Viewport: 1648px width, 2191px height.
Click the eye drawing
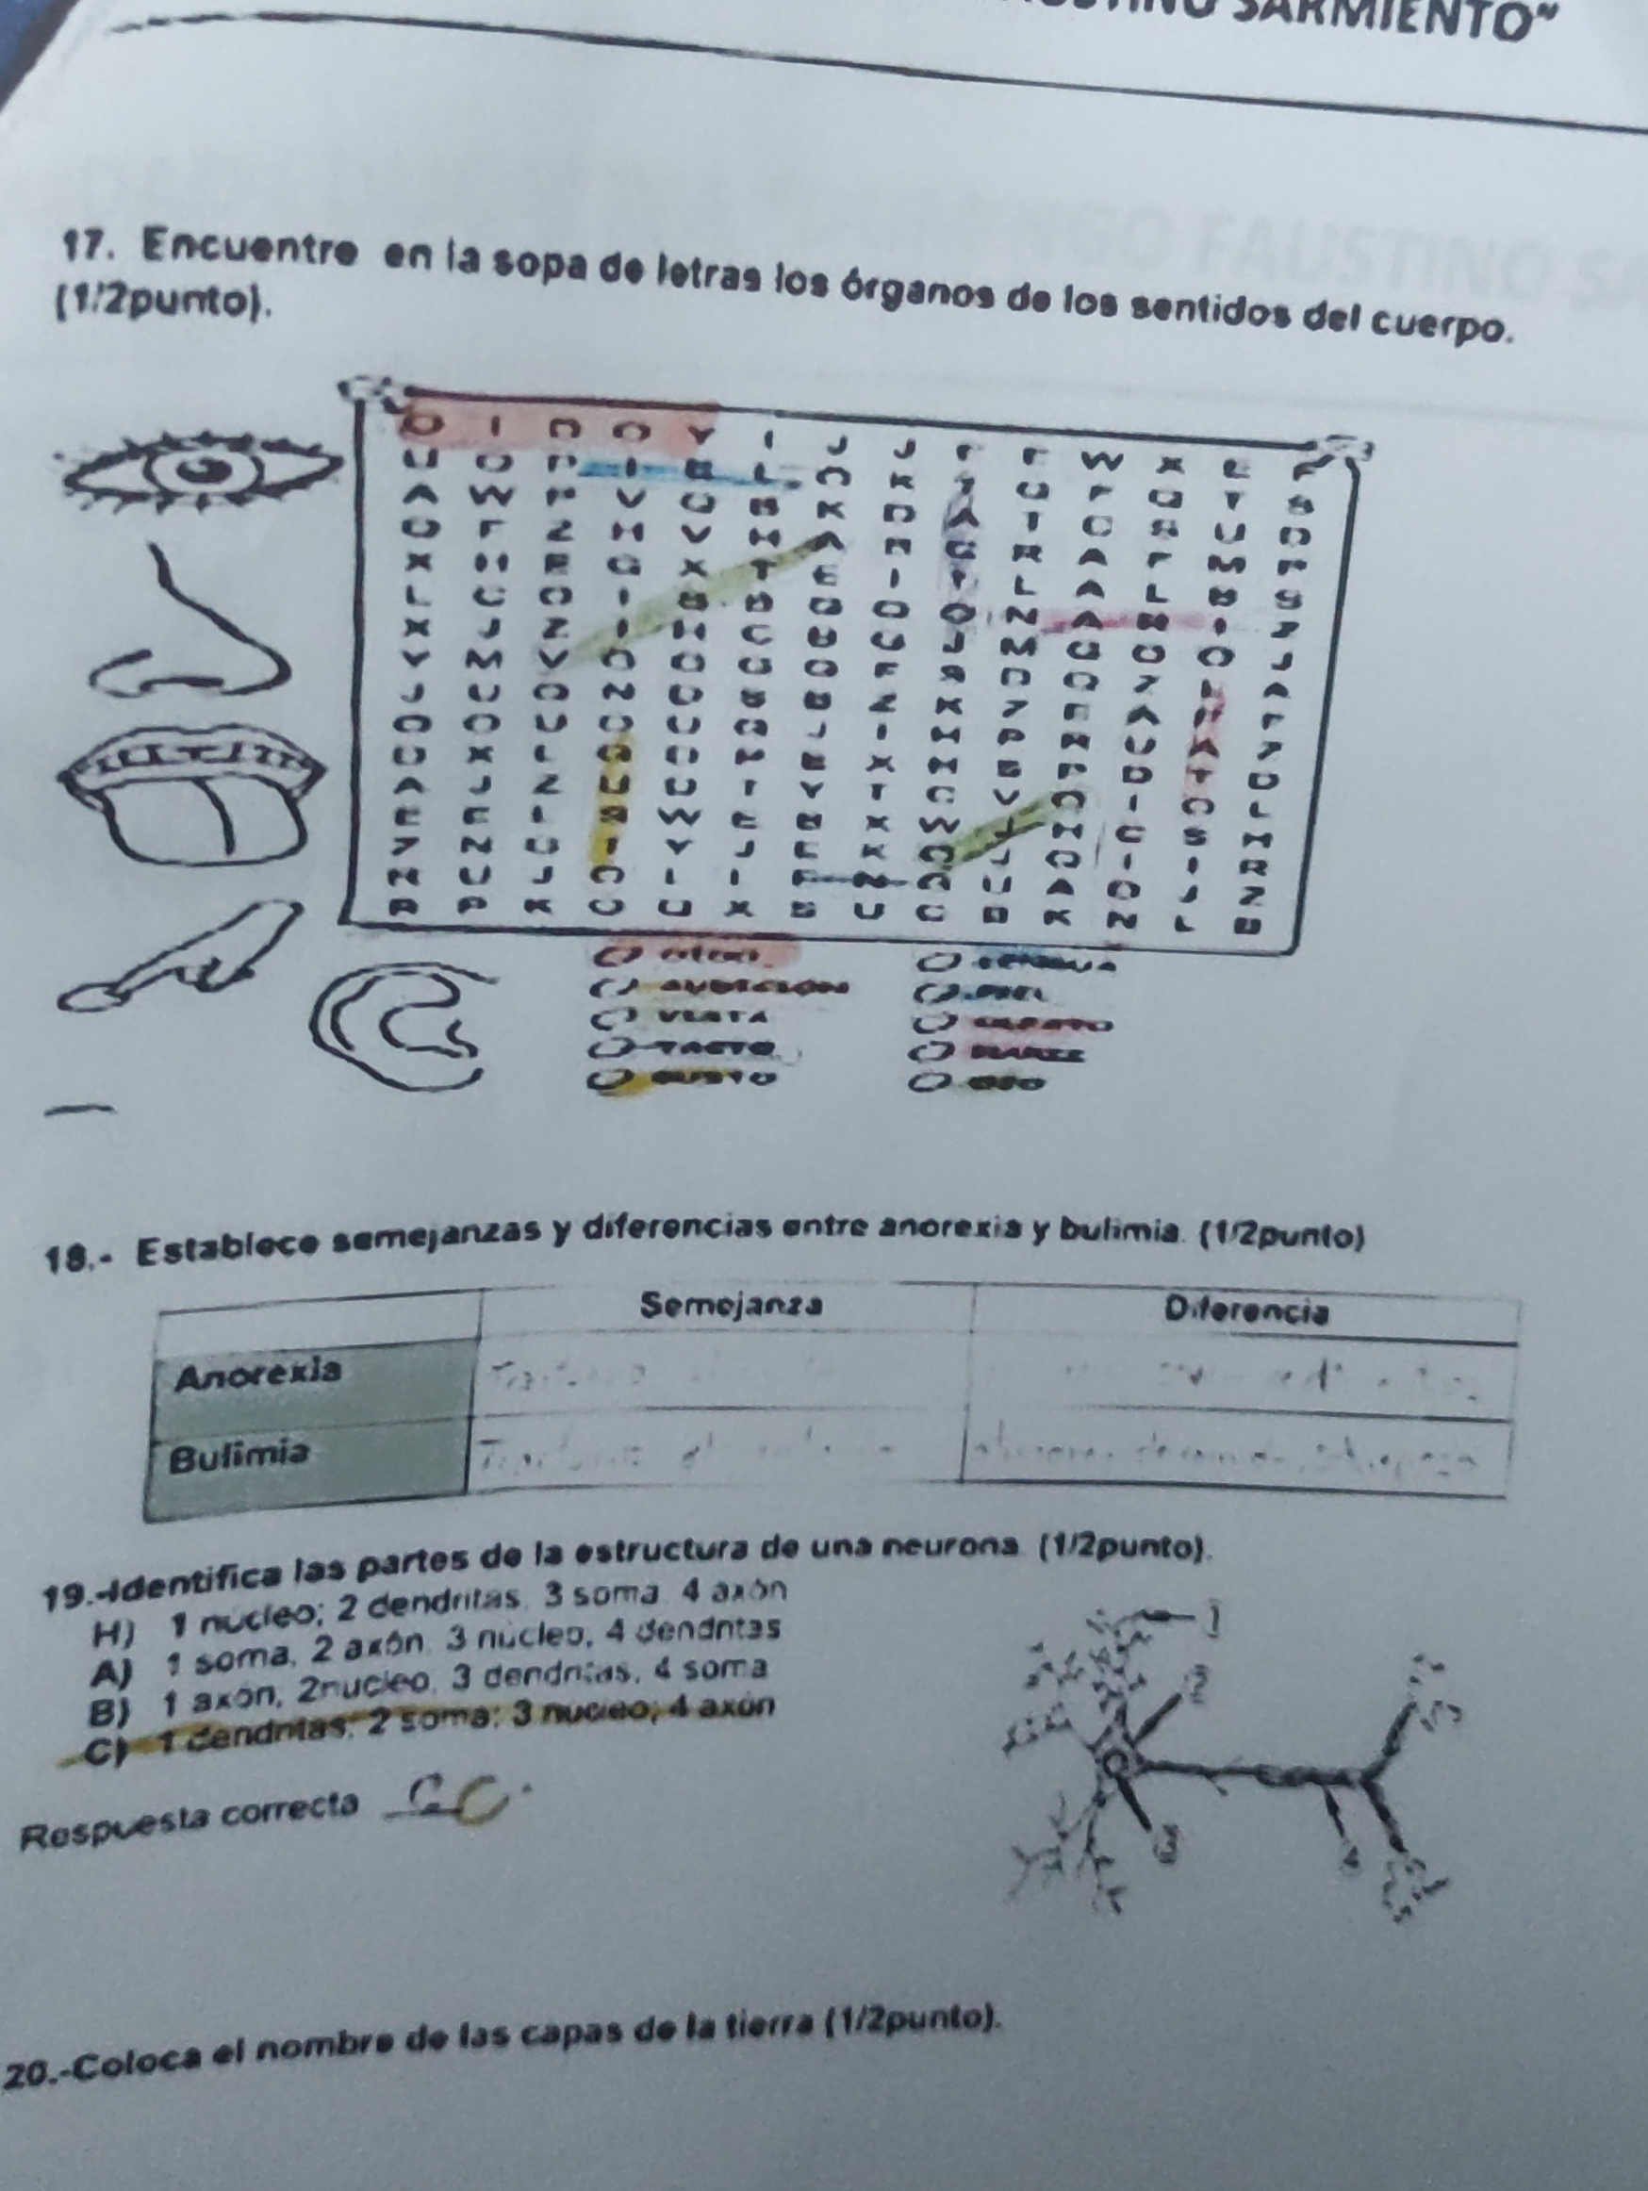(x=203, y=469)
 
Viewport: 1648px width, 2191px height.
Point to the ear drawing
(x=406, y=1030)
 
